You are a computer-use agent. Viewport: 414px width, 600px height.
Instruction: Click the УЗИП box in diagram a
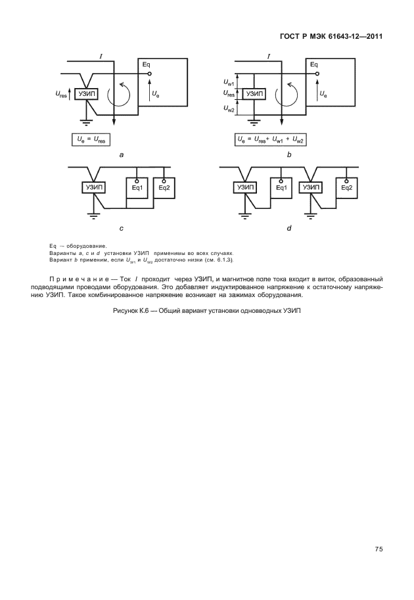pyautogui.click(x=87, y=94)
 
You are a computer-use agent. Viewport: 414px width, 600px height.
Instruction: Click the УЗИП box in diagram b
pyautogui.click(x=254, y=94)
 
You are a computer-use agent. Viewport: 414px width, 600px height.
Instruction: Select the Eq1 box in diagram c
pyautogui.click(x=137, y=188)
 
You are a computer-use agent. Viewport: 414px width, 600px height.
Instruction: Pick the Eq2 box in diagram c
pyautogui.click(x=164, y=188)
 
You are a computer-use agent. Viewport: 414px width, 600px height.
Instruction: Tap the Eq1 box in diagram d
pyautogui.click(x=281, y=188)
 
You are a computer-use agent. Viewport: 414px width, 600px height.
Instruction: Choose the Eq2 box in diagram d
pyautogui.click(x=347, y=188)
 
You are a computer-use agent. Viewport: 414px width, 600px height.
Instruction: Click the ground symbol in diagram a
pyautogui.click(x=87, y=122)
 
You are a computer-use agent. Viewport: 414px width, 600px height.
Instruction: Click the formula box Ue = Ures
pyautogui.click(x=91, y=140)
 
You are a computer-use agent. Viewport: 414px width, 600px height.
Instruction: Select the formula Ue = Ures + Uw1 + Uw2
pyautogui.click(x=271, y=140)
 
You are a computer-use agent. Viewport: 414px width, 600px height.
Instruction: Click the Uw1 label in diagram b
pyautogui.click(x=229, y=82)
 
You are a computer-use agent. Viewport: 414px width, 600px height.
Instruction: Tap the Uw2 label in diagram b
pyautogui.click(x=229, y=108)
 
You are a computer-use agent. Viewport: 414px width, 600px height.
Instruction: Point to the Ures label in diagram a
pyautogui.click(x=61, y=94)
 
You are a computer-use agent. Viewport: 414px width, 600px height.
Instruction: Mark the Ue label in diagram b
pyautogui.click(x=323, y=93)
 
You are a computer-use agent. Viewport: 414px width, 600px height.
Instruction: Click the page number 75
pyautogui.click(x=379, y=549)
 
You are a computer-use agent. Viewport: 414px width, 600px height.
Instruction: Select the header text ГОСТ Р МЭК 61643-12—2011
pyautogui.click(x=331, y=37)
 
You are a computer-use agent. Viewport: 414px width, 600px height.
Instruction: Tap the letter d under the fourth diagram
pyautogui.click(x=289, y=229)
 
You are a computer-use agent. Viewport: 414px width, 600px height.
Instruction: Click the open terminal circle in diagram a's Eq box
pyautogui.click(x=150, y=74)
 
